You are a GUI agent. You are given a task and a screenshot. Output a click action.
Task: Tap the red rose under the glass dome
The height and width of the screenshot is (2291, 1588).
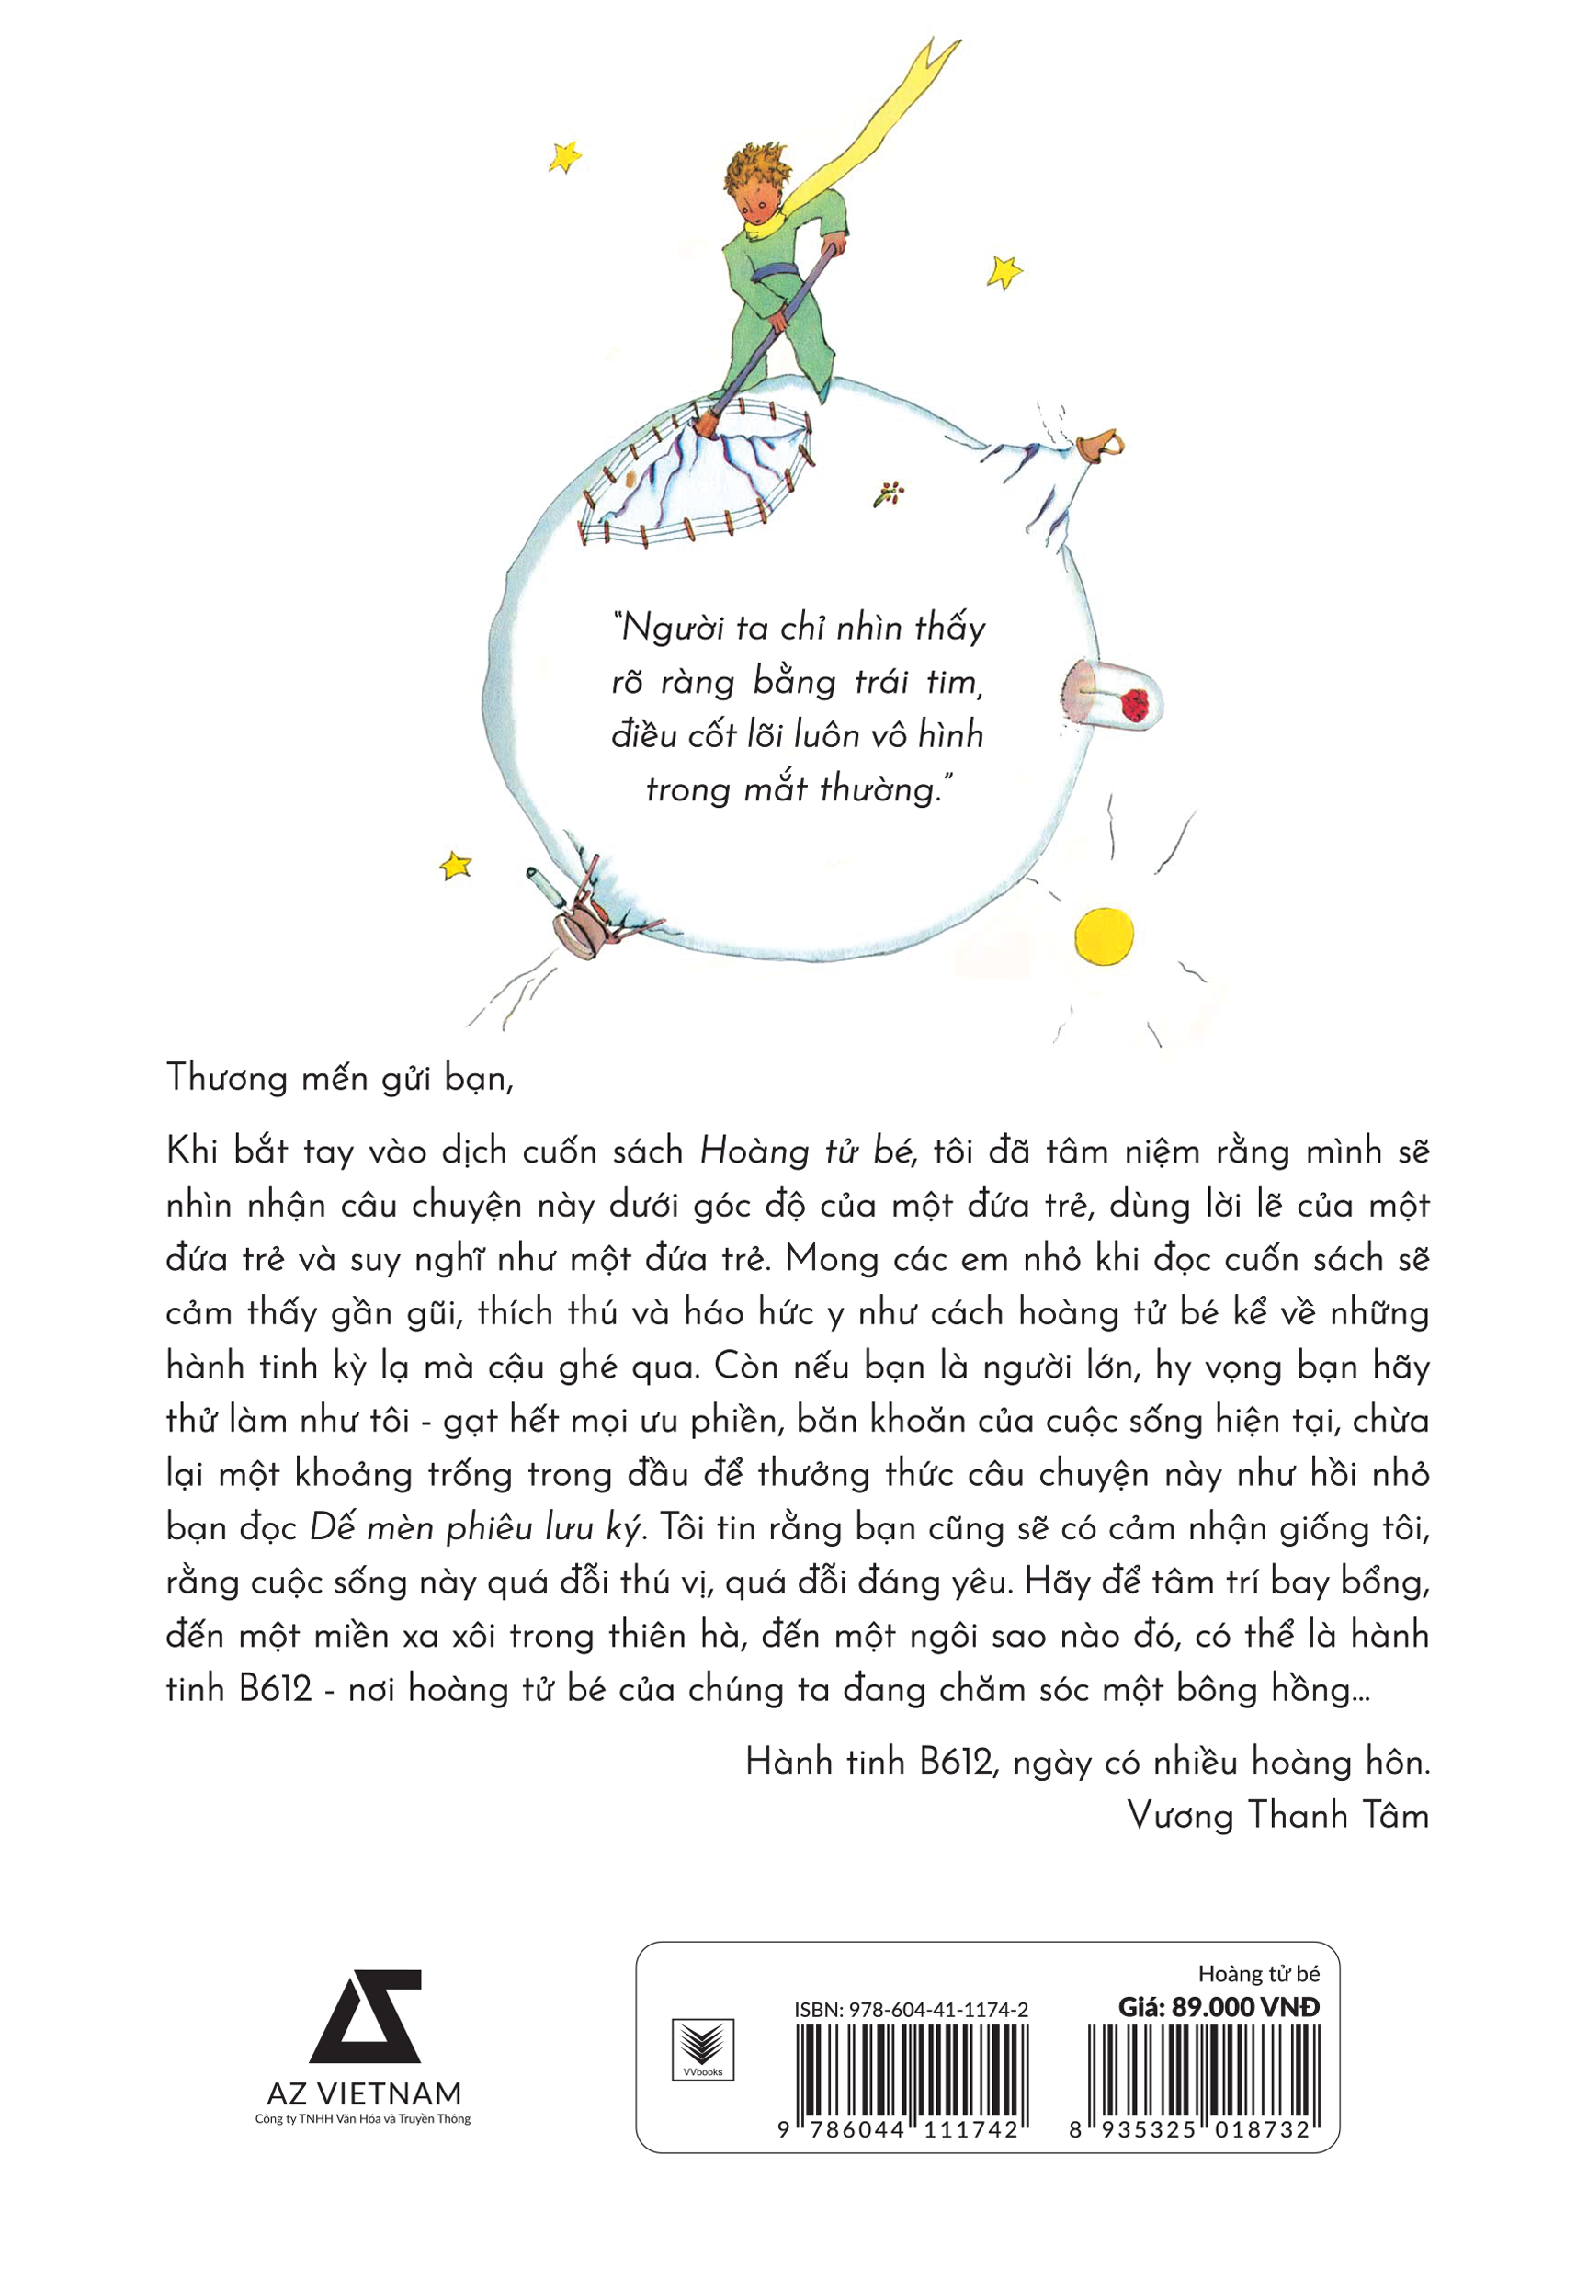pos(1134,704)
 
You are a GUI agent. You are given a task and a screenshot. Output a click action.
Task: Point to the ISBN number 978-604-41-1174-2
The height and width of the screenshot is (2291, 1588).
pos(911,2009)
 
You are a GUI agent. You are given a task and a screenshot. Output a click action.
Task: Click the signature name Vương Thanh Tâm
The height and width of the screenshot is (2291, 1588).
pos(1277,1816)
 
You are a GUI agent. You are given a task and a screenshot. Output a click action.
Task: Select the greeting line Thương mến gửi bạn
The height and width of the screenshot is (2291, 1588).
pos(339,1078)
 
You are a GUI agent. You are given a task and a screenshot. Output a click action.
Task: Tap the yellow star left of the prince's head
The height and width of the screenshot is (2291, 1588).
pos(565,156)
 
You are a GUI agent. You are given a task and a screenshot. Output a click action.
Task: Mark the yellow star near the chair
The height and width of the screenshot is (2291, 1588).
pos(456,866)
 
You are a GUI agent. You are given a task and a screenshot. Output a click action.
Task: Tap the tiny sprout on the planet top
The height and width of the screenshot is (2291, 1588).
pos(889,492)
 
